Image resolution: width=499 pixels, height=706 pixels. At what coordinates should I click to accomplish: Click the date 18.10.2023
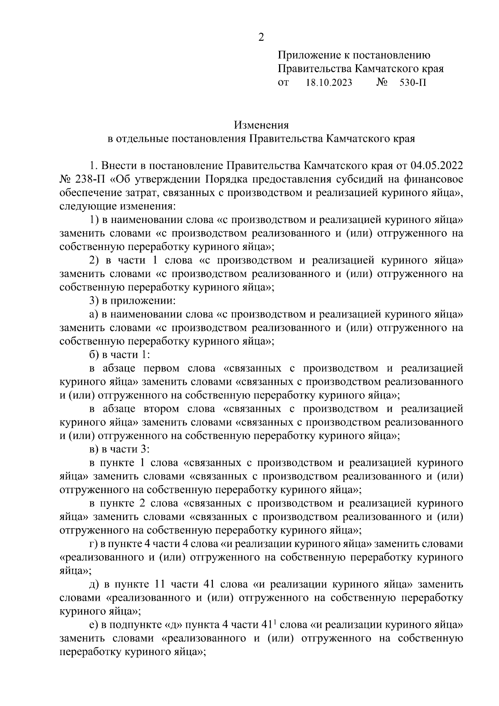pos(329,83)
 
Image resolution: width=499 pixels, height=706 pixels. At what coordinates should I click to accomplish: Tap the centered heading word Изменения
pos(261,125)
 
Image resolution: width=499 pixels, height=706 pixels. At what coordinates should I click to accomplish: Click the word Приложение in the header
pos(307,55)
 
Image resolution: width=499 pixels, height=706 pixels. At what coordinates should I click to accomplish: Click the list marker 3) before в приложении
pos(94,301)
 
